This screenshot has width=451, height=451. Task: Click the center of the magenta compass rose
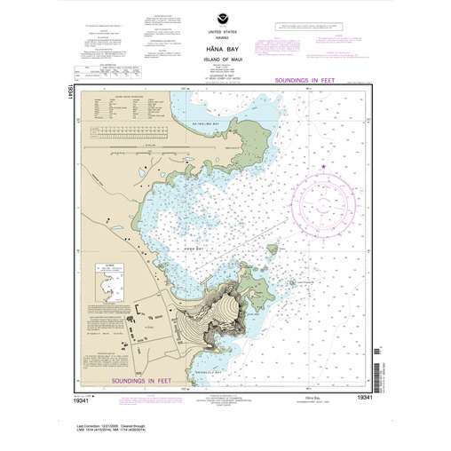[x=323, y=194]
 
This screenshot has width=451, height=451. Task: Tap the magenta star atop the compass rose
[x=323, y=165]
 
